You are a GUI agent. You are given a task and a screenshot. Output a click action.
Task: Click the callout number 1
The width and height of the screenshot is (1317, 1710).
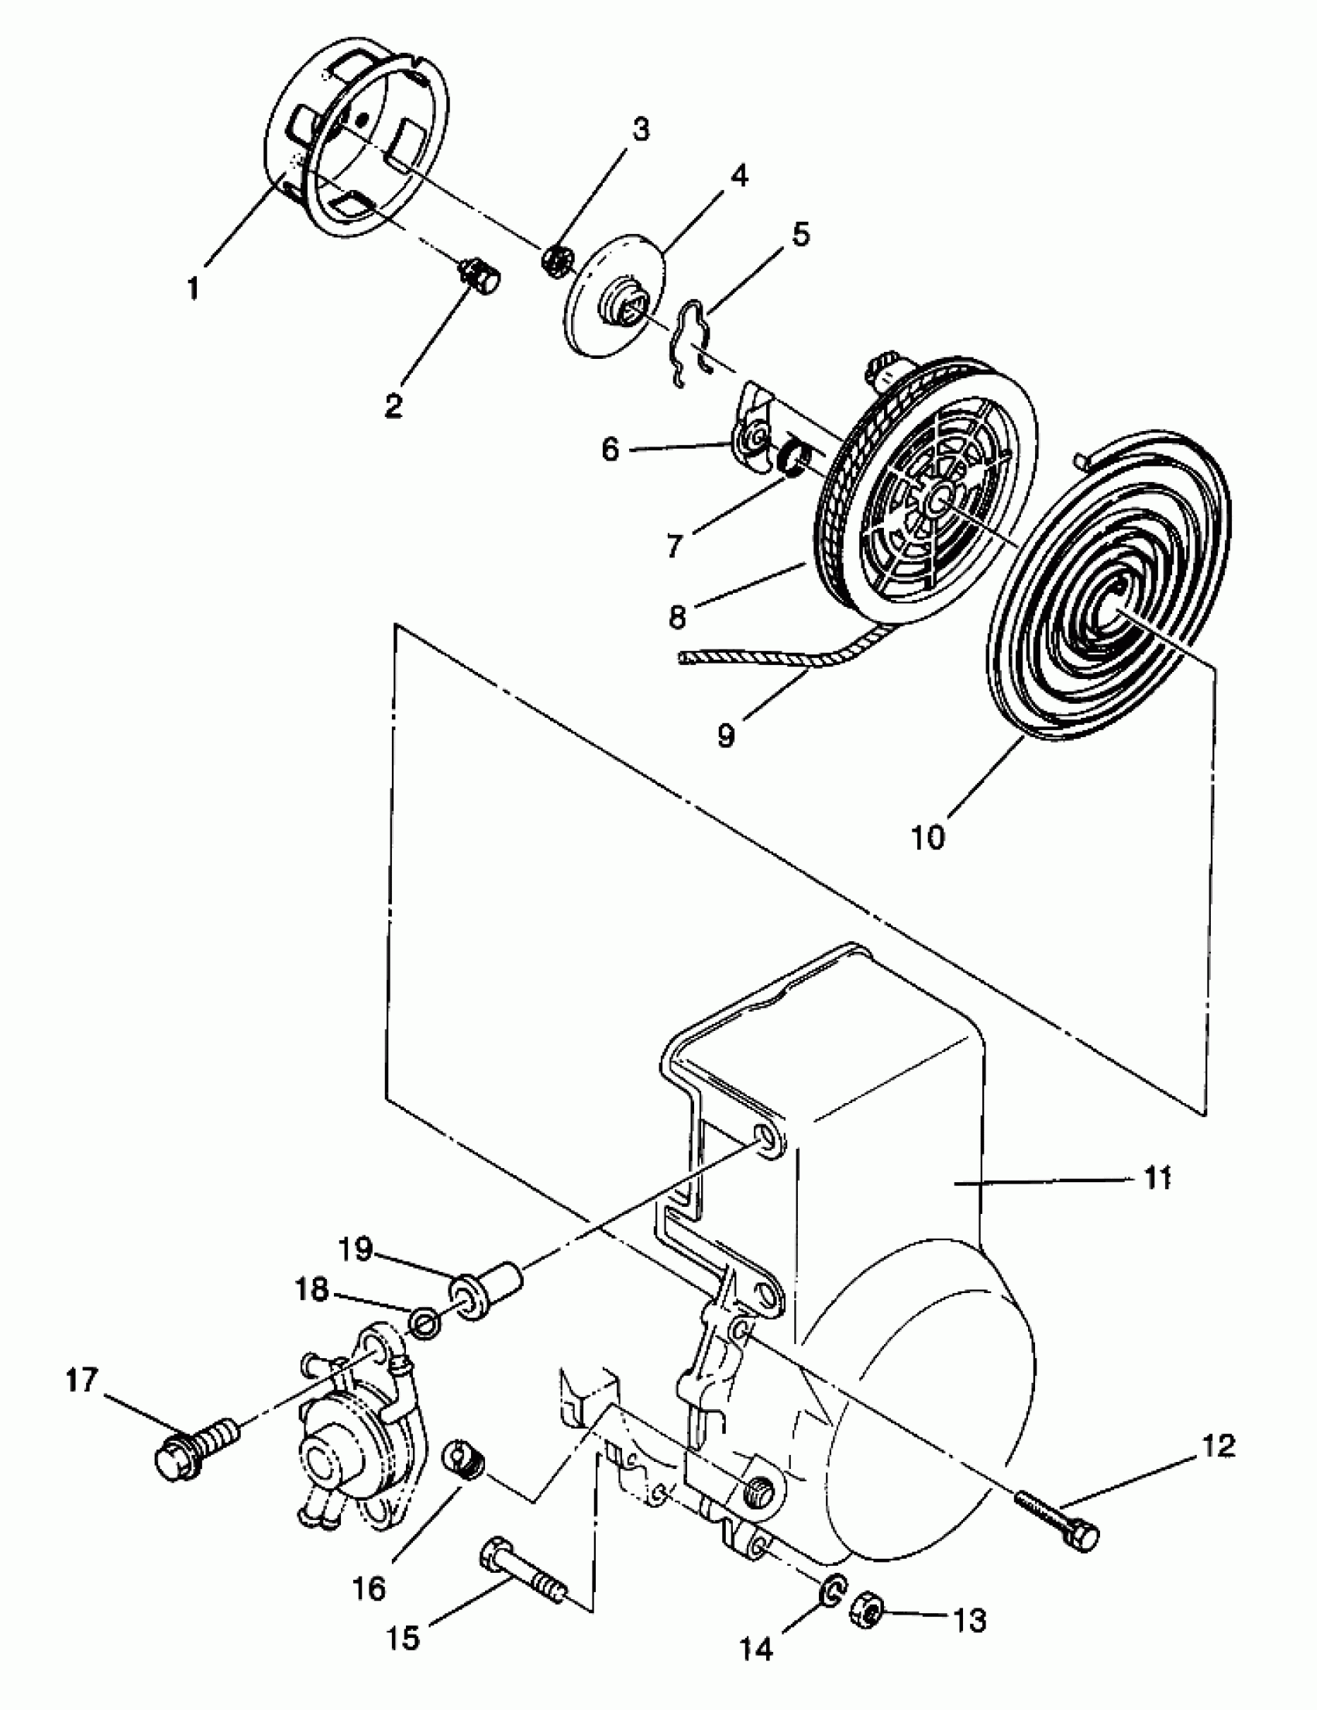pos(193,288)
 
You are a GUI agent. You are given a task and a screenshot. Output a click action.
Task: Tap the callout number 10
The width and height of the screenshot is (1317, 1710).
pos(928,837)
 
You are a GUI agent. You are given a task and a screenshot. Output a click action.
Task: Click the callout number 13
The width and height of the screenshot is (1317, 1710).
pos(971,1619)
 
